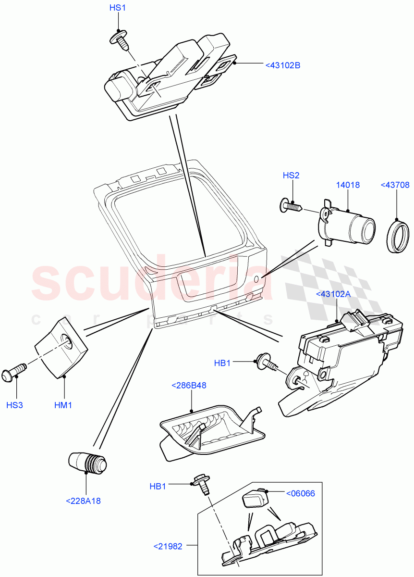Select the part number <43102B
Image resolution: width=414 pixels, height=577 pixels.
coord(282,65)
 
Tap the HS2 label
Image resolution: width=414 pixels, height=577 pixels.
coord(291,176)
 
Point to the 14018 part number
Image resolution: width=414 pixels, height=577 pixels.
coord(348,185)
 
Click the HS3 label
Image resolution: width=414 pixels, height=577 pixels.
coord(14,405)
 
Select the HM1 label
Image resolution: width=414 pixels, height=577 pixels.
coord(63,405)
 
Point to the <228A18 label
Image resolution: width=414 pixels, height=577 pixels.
coord(83,501)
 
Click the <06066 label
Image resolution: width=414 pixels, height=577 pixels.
coord(300,493)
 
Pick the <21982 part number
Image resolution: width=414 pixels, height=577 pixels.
coord(168,546)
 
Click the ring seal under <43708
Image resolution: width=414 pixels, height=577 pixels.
coord(397,236)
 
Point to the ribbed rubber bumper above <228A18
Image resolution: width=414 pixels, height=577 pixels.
coord(88,463)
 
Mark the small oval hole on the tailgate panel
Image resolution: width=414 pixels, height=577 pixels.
coord(256,279)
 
